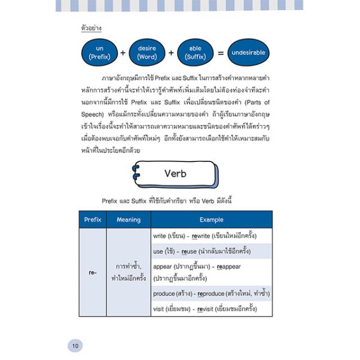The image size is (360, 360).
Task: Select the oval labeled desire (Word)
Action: pyautogui.click(x=147, y=53)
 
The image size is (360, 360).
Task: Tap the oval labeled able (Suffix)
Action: pyautogui.click(x=197, y=53)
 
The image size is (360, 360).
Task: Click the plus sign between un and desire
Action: pyautogui.click(x=122, y=53)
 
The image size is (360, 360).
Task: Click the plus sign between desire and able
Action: pyautogui.click(x=172, y=53)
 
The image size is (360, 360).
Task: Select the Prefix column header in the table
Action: pyautogui.click(x=92, y=220)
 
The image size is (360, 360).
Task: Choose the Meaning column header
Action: pyautogui.click(x=128, y=220)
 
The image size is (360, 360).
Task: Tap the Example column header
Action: pyautogui.click(x=211, y=220)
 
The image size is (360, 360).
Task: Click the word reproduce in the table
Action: pyautogui.click(x=208, y=294)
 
